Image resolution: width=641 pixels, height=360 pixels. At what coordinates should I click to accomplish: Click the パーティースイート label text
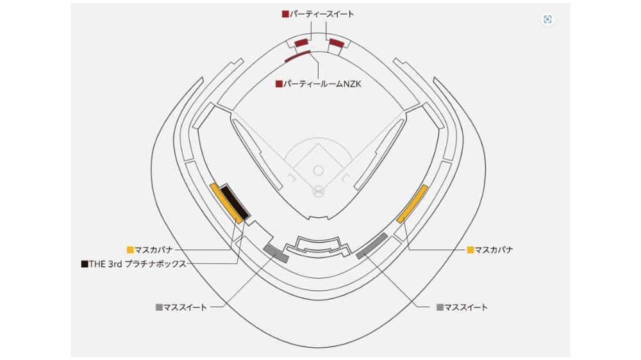(322, 14)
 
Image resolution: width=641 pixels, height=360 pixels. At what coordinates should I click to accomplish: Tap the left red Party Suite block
(302, 43)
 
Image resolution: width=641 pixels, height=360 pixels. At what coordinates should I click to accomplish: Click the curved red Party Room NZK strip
(297, 56)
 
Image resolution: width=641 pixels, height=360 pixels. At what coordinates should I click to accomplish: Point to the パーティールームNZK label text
(322, 84)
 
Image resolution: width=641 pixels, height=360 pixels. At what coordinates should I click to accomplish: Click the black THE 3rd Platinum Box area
(235, 202)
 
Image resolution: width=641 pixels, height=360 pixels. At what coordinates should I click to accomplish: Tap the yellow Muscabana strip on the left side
(226, 204)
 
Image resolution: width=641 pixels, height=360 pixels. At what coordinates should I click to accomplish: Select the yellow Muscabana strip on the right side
(412, 204)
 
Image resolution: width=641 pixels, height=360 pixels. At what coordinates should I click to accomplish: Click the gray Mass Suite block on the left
(276, 254)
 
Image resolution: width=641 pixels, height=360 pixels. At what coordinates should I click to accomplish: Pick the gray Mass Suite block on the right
(372, 246)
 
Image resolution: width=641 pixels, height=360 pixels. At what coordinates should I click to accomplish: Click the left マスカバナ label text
(154, 250)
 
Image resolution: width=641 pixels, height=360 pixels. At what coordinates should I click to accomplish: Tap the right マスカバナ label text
(494, 250)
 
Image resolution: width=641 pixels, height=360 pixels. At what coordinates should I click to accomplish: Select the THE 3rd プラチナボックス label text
(137, 264)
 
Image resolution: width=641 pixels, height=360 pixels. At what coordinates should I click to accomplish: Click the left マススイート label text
(185, 307)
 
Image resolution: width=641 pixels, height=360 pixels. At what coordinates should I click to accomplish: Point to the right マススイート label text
(466, 307)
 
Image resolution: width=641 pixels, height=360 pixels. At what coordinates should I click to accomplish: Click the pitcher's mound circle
(319, 170)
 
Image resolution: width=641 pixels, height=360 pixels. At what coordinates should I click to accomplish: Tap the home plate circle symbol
(319, 192)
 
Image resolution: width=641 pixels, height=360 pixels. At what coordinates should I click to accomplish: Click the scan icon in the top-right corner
(547, 19)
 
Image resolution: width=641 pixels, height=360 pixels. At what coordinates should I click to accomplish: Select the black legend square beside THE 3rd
(85, 264)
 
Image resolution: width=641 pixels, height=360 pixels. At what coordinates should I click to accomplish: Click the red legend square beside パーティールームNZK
(279, 84)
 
